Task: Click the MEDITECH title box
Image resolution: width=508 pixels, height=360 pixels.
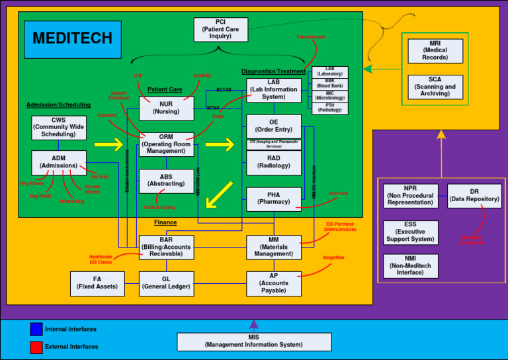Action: pyautogui.click(x=73, y=39)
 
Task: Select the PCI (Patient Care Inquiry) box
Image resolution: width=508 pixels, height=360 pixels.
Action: pyautogui.click(x=221, y=30)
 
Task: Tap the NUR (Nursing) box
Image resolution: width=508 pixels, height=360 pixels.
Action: pyautogui.click(x=166, y=108)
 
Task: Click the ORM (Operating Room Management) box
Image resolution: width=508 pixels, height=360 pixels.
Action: pyautogui.click(x=166, y=144)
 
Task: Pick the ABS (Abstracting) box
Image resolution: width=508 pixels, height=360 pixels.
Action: pyautogui.click(x=166, y=181)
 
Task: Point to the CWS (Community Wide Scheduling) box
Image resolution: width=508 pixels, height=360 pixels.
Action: pyautogui.click(x=58, y=128)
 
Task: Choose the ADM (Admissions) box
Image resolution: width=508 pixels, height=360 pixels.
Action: pyautogui.click(x=58, y=162)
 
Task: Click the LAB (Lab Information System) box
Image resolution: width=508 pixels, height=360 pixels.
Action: pyautogui.click(x=273, y=90)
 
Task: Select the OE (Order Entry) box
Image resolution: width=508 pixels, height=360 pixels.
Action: pyautogui.click(x=273, y=126)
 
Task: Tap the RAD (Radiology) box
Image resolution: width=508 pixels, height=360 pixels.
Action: pyautogui.click(x=273, y=162)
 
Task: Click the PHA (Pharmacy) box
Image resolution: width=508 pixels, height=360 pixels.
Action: pyautogui.click(x=273, y=199)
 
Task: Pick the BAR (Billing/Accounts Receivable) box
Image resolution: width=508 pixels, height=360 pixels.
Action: pyautogui.click(x=166, y=247)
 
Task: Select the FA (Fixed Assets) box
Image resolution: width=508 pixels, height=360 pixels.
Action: pyautogui.click(x=97, y=283)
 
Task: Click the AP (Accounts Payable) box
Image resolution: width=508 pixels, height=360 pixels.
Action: pyautogui.click(x=273, y=283)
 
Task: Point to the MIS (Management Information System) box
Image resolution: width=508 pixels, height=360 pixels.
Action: pyautogui.click(x=254, y=341)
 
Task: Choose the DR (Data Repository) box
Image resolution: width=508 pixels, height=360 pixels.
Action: pyautogui.click(x=474, y=196)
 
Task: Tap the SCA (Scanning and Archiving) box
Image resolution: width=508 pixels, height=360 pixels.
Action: pyautogui.click(x=435, y=87)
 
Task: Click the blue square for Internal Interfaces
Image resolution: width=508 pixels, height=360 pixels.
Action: pyautogui.click(x=36, y=329)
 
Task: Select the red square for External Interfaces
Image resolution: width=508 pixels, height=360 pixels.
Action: pyautogui.click(x=36, y=347)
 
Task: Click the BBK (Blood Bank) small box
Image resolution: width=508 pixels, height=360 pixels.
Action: pyautogui.click(x=329, y=84)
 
